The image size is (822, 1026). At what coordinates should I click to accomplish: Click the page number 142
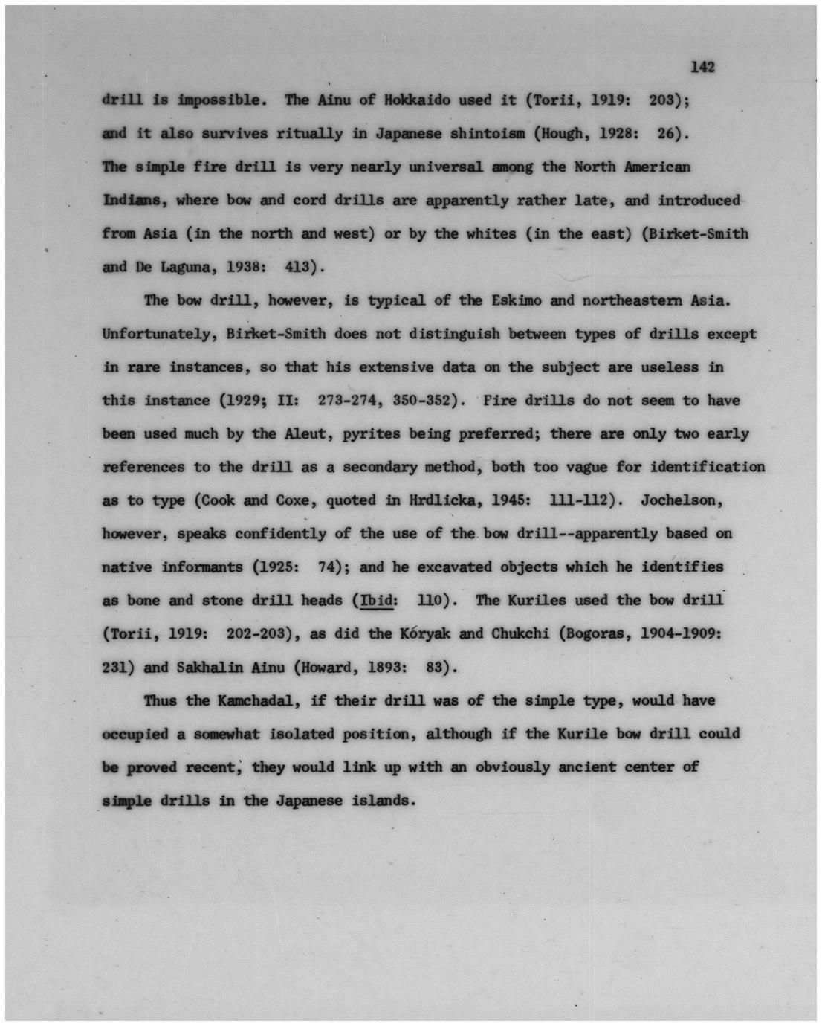pos(702,68)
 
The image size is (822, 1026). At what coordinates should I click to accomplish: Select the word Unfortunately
pos(158,334)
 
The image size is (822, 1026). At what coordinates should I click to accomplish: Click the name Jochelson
pos(682,500)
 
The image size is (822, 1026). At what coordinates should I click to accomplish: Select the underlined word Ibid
pos(376,601)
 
